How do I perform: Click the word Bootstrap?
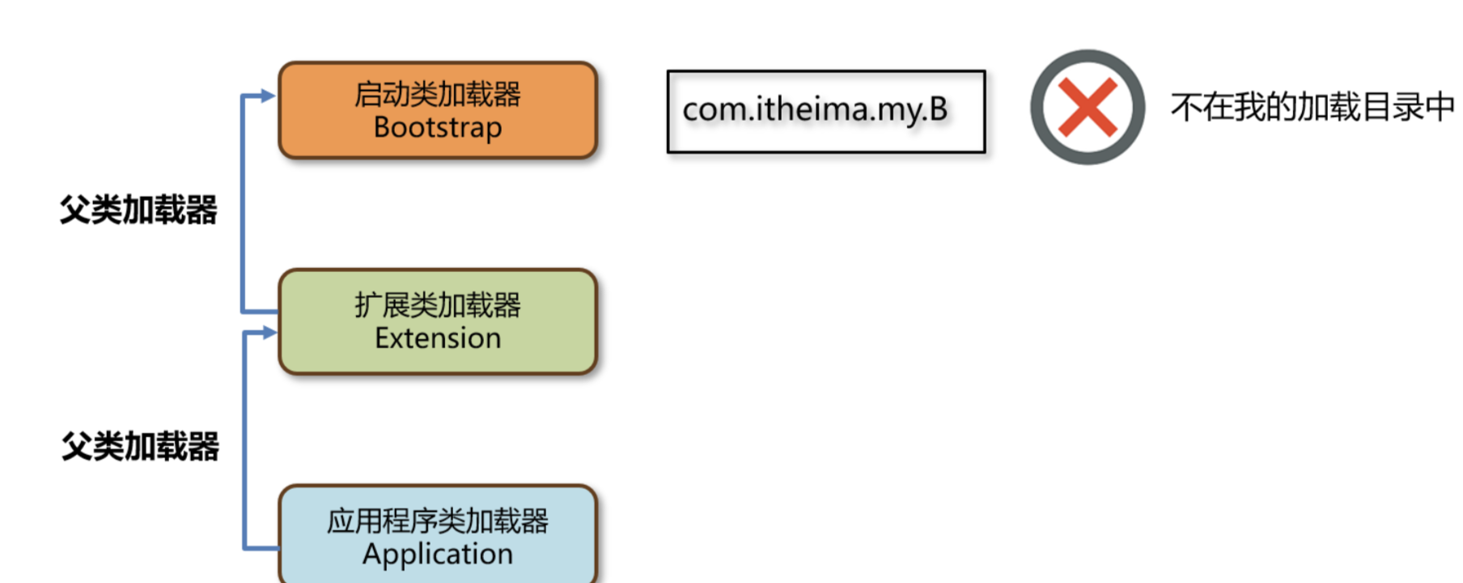[x=438, y=128]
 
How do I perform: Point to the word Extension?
[x=438, y=338]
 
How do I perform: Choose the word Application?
[x=438, y=555]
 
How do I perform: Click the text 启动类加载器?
[x=438, y=94]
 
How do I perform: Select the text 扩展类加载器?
[x=438, y=305]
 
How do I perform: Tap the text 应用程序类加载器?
[x=438, y=521]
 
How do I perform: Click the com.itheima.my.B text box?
[x=825, y=111]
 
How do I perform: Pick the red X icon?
[x=1088, y=108]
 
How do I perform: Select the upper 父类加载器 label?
[x=138, y=210]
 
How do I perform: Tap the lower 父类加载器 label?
[x=141, y=446]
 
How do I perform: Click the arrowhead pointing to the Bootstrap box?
[x=269, y=96]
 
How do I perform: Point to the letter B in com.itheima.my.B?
[x=939, y=109]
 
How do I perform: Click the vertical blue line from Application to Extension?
[x=244, y=441]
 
